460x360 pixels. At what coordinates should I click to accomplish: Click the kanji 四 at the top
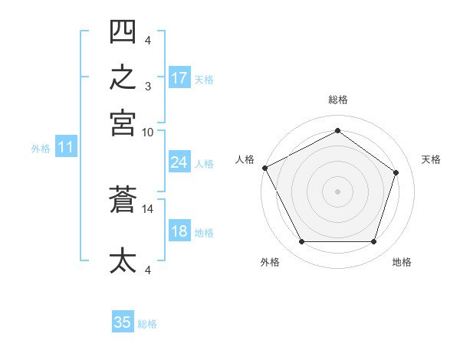point(123,31)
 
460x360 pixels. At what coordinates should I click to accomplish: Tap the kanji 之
point(123,77)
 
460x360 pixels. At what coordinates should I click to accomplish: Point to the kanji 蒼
point(123,199)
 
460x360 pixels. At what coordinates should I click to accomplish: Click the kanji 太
point(123,260)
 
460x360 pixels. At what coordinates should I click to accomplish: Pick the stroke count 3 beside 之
point(148,87)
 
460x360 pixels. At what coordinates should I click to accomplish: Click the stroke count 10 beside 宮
point(147,133)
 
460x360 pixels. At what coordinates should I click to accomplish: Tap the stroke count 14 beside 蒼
point(147,209)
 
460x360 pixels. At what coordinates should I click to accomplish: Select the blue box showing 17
point(179,77)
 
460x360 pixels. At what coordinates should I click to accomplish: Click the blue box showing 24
point(179,162)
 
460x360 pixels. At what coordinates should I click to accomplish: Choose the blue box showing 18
point(179,230)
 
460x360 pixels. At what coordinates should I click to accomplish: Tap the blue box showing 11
point(66,146)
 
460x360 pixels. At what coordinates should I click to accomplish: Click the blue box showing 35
point(123,321)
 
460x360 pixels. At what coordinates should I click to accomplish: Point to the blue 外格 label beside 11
point(41,149)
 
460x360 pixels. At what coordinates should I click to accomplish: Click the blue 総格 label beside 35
point(147,324)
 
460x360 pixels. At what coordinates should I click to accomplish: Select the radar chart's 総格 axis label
point(338,100)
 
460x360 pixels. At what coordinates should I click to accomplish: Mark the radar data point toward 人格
point(265,168)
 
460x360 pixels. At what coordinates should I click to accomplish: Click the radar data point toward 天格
point(396,172)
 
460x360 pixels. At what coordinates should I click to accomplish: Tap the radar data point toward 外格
point(302,241)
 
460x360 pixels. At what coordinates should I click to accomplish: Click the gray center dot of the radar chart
point(337,191)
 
